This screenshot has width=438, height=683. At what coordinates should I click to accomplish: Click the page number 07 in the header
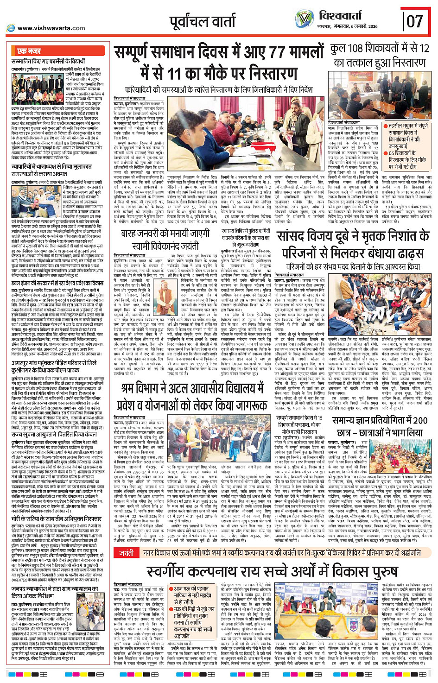pyautogui.click(x=415, y=21)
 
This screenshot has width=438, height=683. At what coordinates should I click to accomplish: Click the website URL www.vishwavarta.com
pyautogui.click(x=51, y=28)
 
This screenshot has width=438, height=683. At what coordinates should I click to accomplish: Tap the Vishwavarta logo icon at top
pyautogui.click(x=304, y=19)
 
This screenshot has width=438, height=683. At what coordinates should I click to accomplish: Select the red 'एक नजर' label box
pyautogui.click(x=30, y=51)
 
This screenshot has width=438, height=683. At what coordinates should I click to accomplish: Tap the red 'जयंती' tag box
pyautogui.click(x=127, y=553)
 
